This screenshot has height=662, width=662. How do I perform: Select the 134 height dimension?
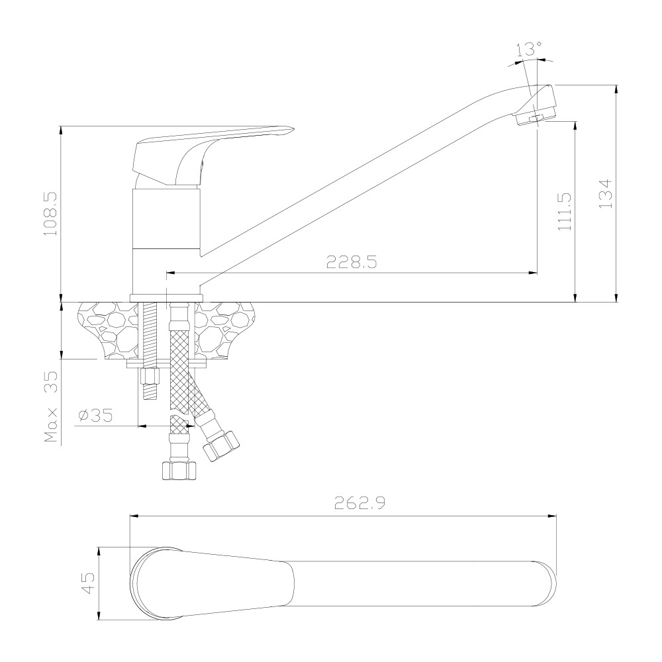click(606, 194)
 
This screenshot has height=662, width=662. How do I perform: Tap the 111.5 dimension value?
click(565, 212)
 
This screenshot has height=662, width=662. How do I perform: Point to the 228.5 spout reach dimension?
click(352, 262)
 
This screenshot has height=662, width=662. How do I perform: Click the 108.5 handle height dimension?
click(52, 214)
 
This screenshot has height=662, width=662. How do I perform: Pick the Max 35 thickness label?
click(52, 406)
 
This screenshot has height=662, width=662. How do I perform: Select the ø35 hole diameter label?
click(96, 416)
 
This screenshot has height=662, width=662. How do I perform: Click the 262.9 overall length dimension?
click(359, 503)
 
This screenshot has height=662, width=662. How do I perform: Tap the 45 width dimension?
click(88, 583)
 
